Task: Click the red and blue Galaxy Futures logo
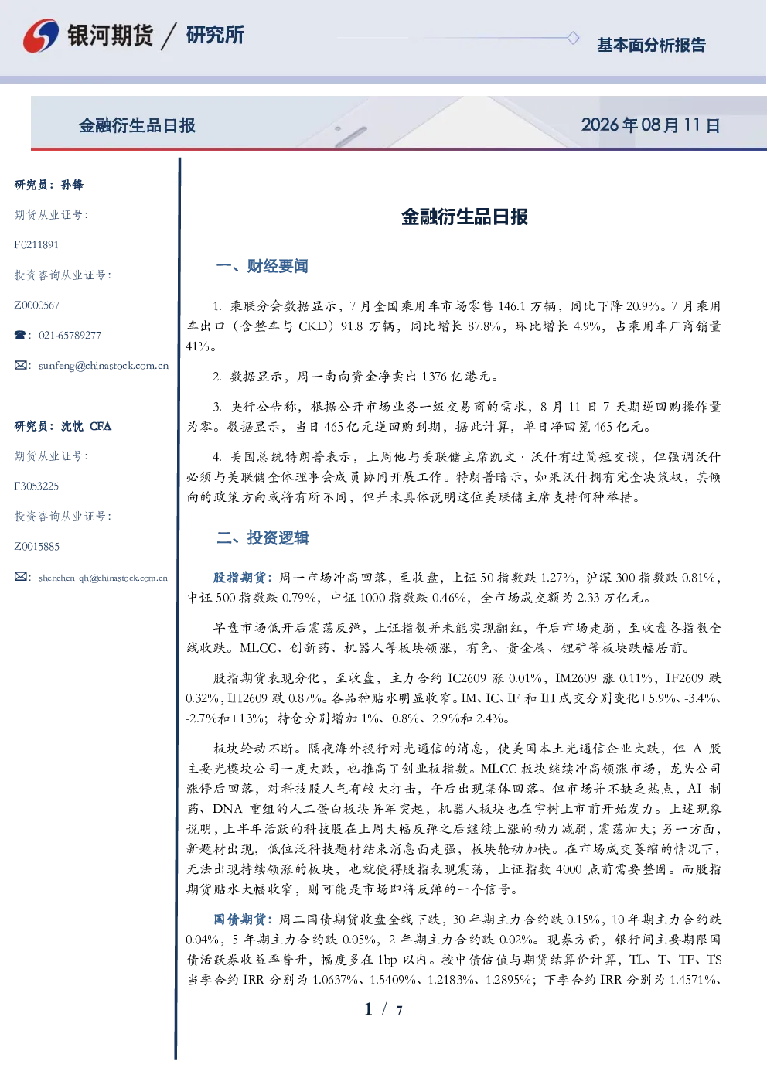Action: [x=41, y=35]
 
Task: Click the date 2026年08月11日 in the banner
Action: [x=651, y=125]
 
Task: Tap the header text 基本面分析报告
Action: [x=651, y=45]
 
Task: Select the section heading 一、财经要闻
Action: [x=262, y=266]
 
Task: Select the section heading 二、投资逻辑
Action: [x=262, y=537]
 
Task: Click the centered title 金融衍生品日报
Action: [x=465, y=217]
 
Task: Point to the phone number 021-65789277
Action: [x=70, y=335]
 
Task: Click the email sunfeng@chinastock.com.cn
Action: [x=104, y=366]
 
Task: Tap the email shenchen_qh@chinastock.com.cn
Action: [x=103, y=578]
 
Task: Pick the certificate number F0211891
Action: [x=36, y=244]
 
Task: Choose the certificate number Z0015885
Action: [x=37, y=547]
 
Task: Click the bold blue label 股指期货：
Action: [x=244, y=578]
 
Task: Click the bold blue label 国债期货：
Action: [x=244, y=920]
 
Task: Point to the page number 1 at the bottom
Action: [x=369, y=1009]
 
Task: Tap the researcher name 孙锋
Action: [x=72, y=185]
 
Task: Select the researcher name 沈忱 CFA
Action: [x=86, y=426]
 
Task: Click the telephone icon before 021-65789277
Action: [x=20, y=335]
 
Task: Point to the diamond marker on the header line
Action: [x=573, y=38]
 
